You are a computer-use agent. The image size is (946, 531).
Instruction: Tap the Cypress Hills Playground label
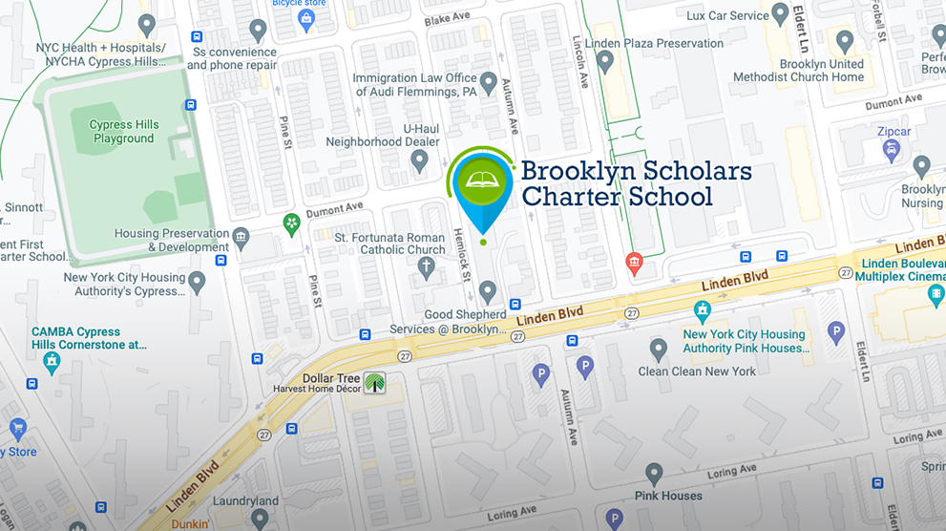coord(123,132)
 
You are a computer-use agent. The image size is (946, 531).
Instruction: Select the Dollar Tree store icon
coord(375,382)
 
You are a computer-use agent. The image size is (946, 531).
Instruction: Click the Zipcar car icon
coord(891,150)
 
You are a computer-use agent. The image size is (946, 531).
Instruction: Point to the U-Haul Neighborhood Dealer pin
coord(419,159)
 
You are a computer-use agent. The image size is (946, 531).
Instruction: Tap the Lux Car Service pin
coord(781,13)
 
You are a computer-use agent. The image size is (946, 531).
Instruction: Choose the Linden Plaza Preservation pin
coord(604,60)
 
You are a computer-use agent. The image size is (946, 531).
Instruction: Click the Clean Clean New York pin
coord(658,349)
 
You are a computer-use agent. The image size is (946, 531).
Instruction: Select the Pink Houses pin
coord(654,474)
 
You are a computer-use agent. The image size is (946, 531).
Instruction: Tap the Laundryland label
coord(246,500)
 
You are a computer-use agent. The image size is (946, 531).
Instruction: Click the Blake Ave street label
coord(448,19)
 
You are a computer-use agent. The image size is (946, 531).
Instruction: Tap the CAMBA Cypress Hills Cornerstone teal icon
coord(51,361)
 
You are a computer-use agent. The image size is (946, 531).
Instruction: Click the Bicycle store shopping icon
coord(306,18)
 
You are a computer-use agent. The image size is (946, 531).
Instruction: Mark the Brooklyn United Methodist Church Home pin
coord(844,41)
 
